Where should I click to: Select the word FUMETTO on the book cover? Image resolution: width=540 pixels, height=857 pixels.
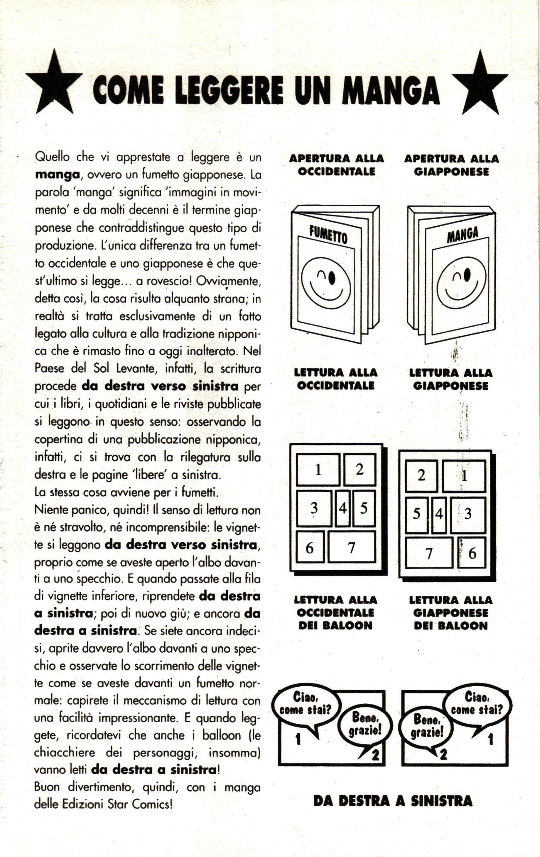tap(328, 235)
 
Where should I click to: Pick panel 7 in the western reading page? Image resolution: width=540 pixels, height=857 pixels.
tap(352, 547)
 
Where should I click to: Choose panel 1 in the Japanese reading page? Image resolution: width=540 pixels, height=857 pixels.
tap(464, 476)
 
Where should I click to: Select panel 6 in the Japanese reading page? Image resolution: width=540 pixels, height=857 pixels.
tap(472, 553)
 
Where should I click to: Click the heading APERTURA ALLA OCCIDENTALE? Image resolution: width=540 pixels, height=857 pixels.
tap(337, 165)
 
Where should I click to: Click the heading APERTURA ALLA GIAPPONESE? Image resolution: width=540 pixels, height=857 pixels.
tap(451, 165)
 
